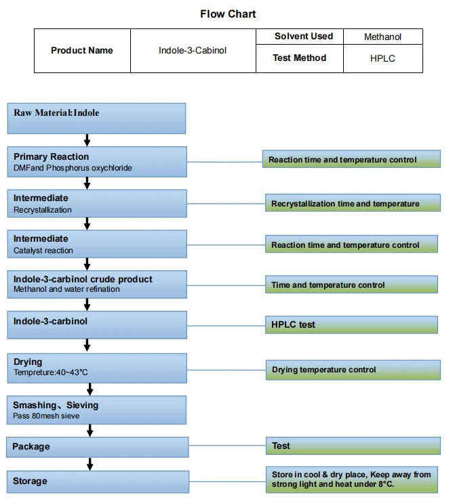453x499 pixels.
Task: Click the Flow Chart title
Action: click(x=228, y=14)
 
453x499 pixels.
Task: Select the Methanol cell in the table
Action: click(x=383, y=37)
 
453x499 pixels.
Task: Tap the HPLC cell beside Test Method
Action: click(x=383, y=58)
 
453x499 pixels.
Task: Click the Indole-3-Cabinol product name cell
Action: click(x=193, y=51)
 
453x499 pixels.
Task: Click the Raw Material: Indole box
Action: click(x=96, y=118)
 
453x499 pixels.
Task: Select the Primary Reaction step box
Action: click(x=97, y=162)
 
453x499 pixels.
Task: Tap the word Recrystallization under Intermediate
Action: click(x=43, y=210)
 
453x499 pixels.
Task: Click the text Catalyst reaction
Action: click(x=43, y=251)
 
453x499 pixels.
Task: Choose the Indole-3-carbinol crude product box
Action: click(x=97, y=284)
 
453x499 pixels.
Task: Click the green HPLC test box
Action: click(x=351, y=324)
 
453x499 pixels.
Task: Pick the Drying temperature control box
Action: click(x=353, y=370)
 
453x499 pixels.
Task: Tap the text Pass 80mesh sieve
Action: click(x=46, y=416)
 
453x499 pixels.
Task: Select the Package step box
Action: click(x=97, y=447)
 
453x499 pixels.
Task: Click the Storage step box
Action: click(x=98, y=481)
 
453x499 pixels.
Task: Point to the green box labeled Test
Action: click(x=353, y=446)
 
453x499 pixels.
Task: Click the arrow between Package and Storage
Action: click(x=90, y=464)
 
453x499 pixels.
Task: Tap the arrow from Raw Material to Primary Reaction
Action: click(x=87, y=140)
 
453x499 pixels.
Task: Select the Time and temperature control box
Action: click(x=351, y=284)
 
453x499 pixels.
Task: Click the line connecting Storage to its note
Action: click(x=228, y=481)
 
